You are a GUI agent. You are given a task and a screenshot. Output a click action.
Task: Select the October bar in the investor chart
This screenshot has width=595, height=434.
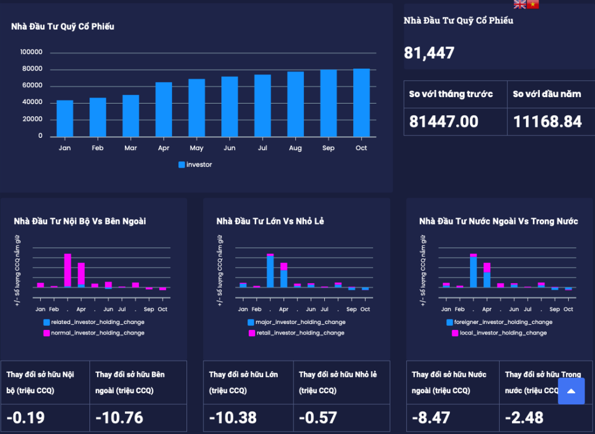(x=361, y=103)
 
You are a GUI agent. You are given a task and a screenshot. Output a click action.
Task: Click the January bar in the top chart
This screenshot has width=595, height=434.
(x=64, y=119)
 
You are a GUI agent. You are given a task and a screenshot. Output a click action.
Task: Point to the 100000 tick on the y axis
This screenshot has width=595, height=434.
(x=31, y=52)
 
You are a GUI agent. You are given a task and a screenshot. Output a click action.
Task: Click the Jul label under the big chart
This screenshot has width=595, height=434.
(x=262, y=148)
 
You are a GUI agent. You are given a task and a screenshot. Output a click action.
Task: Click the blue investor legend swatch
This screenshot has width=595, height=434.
(x=181, y=165)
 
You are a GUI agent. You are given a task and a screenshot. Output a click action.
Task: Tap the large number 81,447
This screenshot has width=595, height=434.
(x=429, y=54)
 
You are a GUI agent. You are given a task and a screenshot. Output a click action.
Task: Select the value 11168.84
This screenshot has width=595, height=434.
(x=547, y=122)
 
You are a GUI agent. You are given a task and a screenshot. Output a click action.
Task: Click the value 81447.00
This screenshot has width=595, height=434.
(x=444, y=122)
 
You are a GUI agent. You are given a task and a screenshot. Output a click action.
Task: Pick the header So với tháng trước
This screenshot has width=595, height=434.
(x=451, y=94)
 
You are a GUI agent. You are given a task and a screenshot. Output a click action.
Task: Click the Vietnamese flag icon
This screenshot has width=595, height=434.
(x=533, y=5)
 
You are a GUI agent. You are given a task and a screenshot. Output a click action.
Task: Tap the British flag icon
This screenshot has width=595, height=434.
(x=519, y=5)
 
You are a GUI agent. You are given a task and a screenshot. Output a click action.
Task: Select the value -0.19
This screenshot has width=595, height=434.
(x=26, y=417)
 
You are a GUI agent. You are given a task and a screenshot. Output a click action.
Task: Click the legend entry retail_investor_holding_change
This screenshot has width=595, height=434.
(x=299, y=333)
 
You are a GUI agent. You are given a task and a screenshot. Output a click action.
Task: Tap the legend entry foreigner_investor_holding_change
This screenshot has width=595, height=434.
(x=503, y=322)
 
